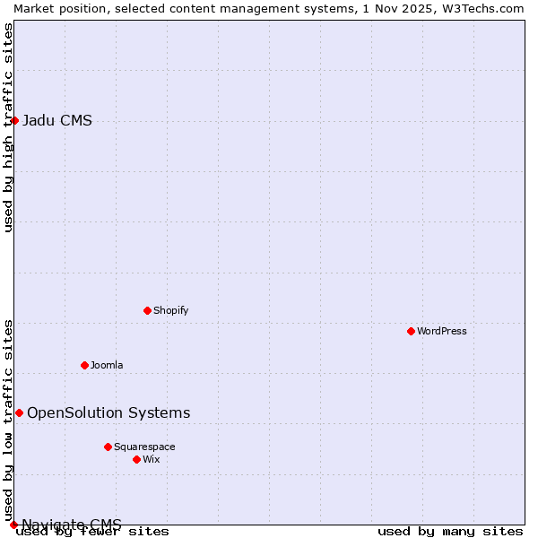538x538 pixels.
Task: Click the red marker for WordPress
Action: click(411, 331)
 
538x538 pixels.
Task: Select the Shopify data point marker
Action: click(147, 310)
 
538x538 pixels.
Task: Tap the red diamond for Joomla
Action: click(84, 365)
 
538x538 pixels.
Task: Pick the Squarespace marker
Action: click(108, 447)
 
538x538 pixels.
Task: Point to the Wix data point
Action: click(136, 459)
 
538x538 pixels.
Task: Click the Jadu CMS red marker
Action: click(14, 120)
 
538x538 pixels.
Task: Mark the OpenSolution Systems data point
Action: click(19, 412)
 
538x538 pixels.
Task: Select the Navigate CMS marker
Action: click(13, 525)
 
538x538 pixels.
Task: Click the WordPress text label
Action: click(441, 331)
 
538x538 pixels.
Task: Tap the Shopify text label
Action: click(170, 310)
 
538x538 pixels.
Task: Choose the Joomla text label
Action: click(107, 365)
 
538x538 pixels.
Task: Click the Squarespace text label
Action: click(144, 447)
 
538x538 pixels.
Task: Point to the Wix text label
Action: click(151, 459)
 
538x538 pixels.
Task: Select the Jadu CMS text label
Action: click(56, 121)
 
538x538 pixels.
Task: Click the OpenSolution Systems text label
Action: click(108, 412)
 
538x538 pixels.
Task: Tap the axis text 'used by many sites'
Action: click(450, 531)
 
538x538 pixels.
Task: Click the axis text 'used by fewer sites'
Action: click(92, 531)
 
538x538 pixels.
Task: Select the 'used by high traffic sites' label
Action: click(8, 127)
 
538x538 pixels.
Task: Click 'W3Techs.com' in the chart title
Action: click(481, 8)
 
